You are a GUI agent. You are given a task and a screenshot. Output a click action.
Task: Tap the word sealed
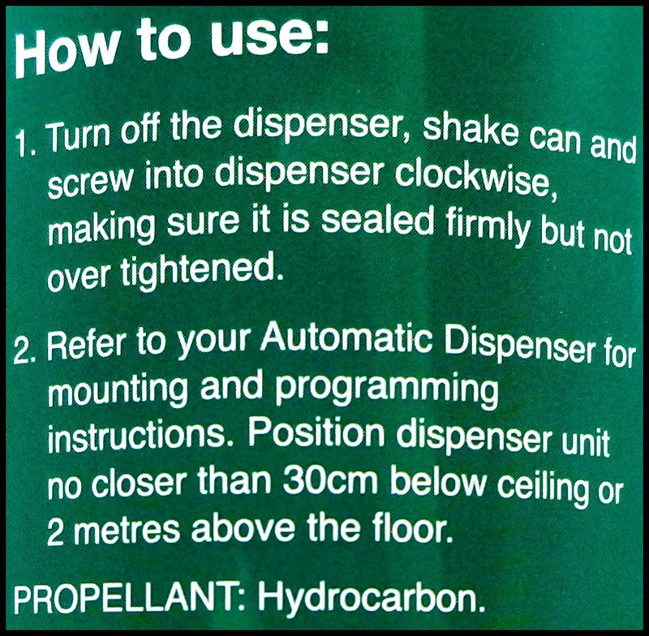[377, 220]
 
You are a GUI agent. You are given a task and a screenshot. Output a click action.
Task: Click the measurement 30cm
[330, 480]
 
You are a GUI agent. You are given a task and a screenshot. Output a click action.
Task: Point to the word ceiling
[543, 488]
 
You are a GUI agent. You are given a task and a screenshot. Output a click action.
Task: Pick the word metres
[127, 531]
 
